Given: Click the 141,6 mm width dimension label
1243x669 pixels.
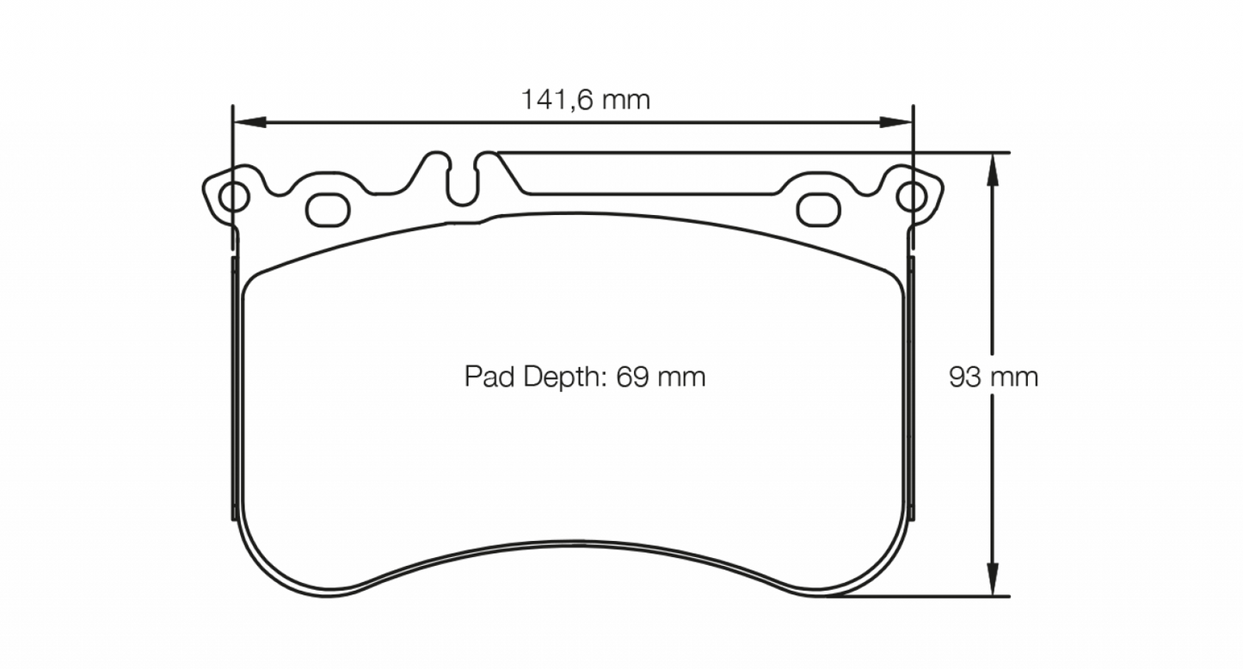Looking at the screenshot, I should tap(585, 100).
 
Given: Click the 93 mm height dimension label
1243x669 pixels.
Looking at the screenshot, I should tap(993, 377).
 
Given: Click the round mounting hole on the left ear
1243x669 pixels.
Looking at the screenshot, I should tap(233, 197).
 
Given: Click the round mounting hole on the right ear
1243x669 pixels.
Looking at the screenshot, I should tap(911, 197).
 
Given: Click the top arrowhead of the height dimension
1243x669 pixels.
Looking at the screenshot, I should tap(993, 169).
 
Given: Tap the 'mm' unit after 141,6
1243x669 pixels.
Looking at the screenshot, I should tap(625, 100).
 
